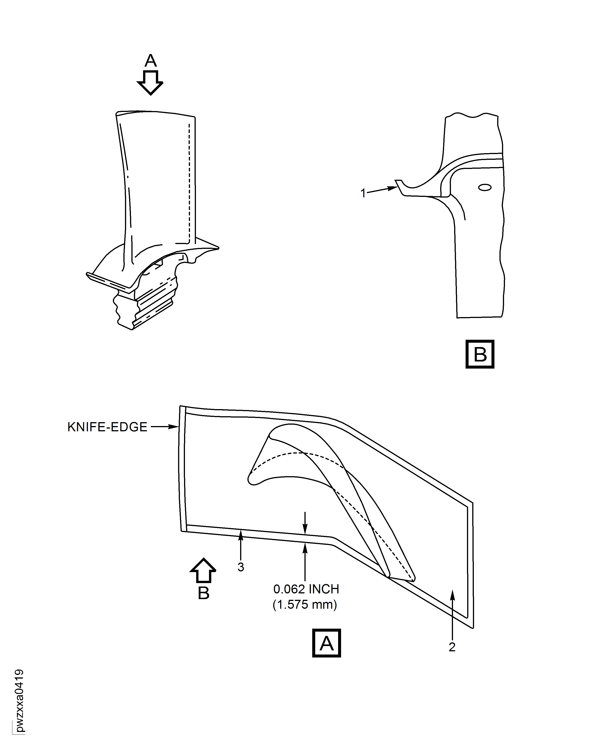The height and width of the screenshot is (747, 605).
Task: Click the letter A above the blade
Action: click(x=151, y=61)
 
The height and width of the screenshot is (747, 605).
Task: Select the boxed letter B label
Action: click(x=480, y=354)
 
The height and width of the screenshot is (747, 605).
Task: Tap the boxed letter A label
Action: click(x=326, y=643)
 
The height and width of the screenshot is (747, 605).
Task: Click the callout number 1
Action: click(x=363, y=193)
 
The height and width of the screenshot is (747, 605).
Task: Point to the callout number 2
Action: click(x=452, y=647)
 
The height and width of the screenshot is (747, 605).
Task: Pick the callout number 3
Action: click(x=241, y=567)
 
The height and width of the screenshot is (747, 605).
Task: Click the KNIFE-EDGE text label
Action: click(x=107, y=427)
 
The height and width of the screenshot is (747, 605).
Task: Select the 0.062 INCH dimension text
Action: click(x=306, y=589)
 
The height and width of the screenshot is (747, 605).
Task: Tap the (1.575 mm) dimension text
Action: click(x=305, y=604)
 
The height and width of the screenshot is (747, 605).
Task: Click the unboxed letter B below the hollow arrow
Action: click(x=203, y=593)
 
